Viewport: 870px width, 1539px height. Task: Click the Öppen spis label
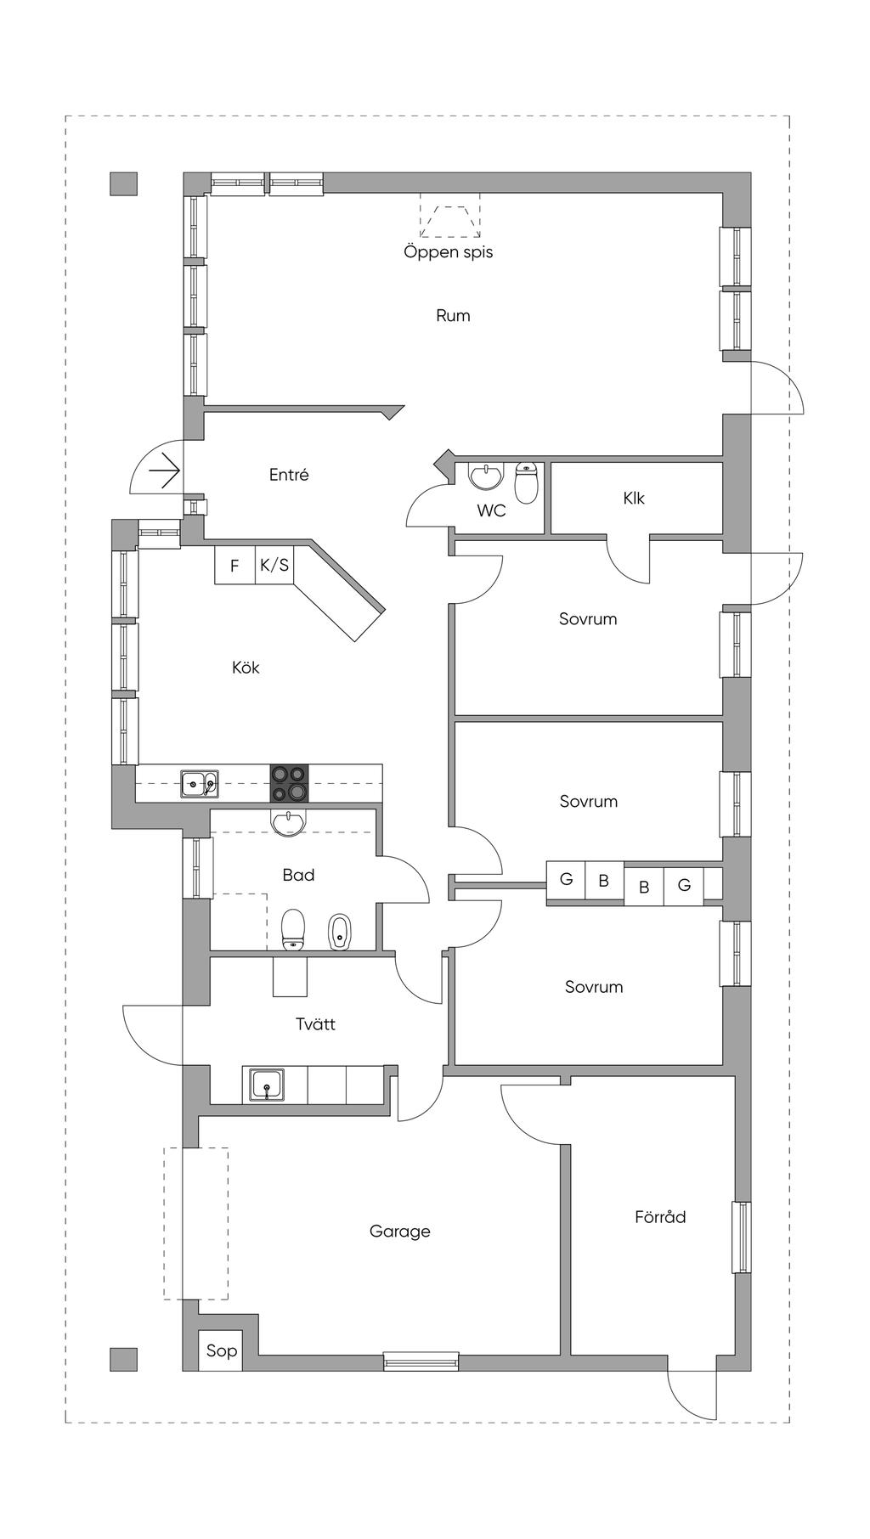448,252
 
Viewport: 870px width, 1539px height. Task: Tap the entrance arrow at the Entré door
164,471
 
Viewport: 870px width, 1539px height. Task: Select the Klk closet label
634,498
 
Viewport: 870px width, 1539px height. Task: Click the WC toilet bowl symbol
527,482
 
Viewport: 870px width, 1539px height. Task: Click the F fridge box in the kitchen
235,565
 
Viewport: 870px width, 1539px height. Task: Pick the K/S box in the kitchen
274,565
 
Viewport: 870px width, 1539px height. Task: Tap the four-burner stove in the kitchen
290,784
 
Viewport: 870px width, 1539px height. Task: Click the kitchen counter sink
200,783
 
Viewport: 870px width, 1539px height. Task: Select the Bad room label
298,875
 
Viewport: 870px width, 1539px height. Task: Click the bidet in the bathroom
340,932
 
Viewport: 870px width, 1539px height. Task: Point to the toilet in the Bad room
293,929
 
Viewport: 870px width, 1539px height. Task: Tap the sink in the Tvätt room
268,1085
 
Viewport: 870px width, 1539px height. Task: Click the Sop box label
222,1350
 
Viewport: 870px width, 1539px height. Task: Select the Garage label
400,1232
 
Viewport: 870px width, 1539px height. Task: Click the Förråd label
660,1216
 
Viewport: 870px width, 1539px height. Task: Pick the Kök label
246,668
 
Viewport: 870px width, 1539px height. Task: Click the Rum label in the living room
453,316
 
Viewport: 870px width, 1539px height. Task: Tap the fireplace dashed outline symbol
449,216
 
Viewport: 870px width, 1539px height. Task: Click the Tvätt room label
315,1024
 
